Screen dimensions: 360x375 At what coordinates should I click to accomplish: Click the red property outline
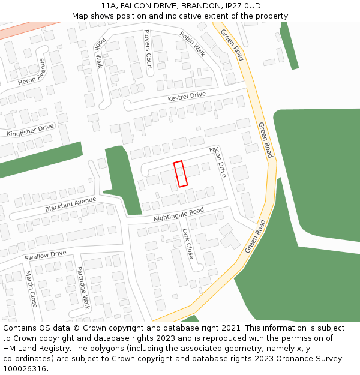tap(181, 173)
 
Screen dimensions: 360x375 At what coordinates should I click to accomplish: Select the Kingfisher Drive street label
tap(30, 130)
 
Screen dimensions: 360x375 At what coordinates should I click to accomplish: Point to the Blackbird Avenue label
tap(70, 205)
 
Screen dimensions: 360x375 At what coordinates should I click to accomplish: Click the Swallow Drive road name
tap(45, 254)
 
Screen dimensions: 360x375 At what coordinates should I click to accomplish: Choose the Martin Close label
tap(31, 289)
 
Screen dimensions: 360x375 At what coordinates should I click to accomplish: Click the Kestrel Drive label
tap(187, 96)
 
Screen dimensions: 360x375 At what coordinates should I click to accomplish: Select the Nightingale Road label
tap(178, 214)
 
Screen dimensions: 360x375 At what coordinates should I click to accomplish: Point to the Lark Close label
tap(188, 243)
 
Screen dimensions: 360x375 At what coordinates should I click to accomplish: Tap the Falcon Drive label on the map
tap(218, 161)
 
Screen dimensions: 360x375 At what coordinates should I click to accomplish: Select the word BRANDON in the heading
tap(181, 6)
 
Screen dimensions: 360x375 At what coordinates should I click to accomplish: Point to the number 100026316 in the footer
tap(25, 368)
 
